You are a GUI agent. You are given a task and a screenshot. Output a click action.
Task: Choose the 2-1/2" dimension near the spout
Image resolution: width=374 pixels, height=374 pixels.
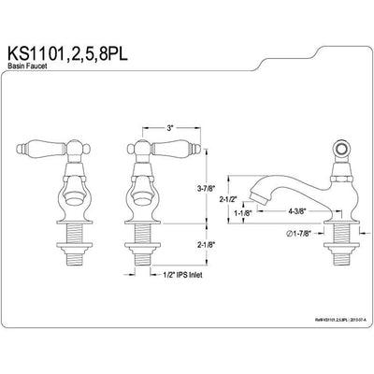pyautogui.click(x=241, y=198)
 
